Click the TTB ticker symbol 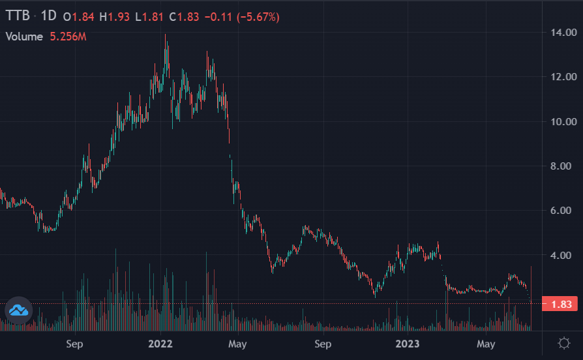pyautogui.click(x=18, y=16)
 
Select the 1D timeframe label pyautogui.click(x=49, y=16)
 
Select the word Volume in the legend pyautogui.click(x=24, y=37)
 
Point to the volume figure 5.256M pyautogui.click(x=68, y=37)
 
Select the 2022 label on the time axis pyautogui.click(x=160, y=343)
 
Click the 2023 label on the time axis pyautogui.click(x=407, y=343)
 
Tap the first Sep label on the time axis pyautogui.click(x=74, y=343)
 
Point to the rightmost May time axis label pyautogui.click(x=486, y=343)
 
